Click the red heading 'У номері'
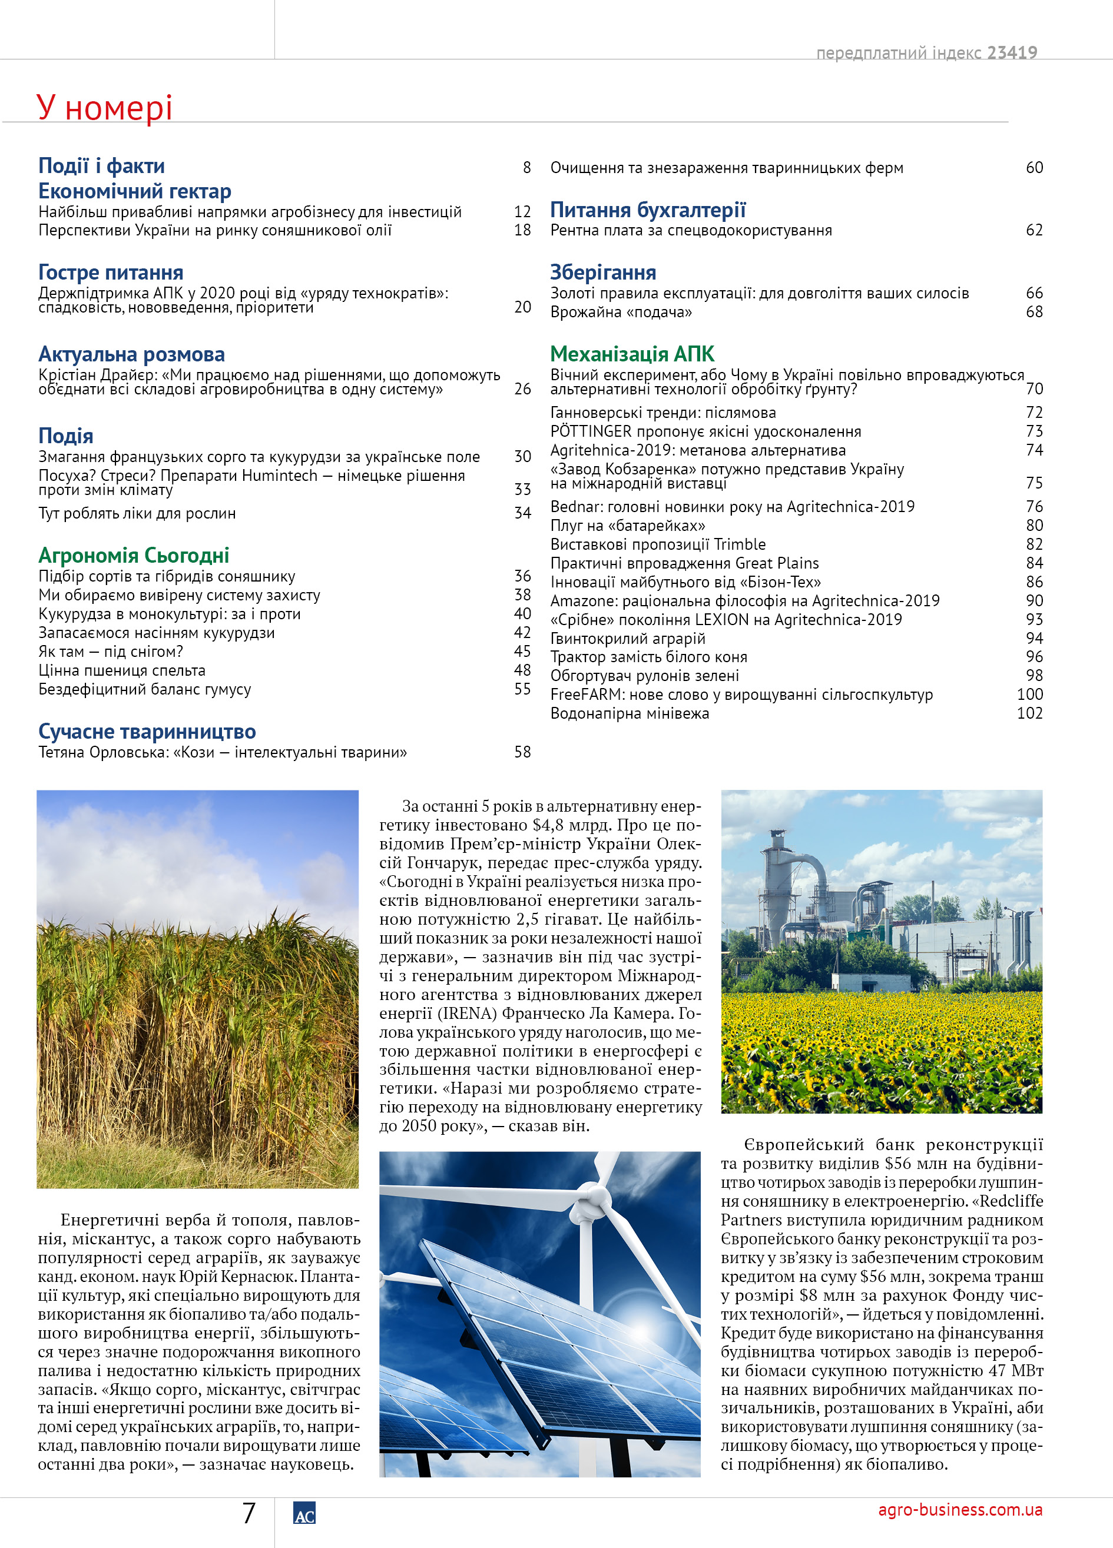104,108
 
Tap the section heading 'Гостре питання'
111,273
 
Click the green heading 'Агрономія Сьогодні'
134,556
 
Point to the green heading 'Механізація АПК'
632,354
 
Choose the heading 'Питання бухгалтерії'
648,210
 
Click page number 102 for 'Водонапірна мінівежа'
1030,713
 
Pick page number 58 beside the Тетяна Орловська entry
522,752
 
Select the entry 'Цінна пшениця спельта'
121,670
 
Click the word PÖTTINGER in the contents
591,431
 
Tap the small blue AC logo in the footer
304,1513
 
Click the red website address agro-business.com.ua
960,1509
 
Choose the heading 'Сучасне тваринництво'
147,731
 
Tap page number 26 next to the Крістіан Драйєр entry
522,389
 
